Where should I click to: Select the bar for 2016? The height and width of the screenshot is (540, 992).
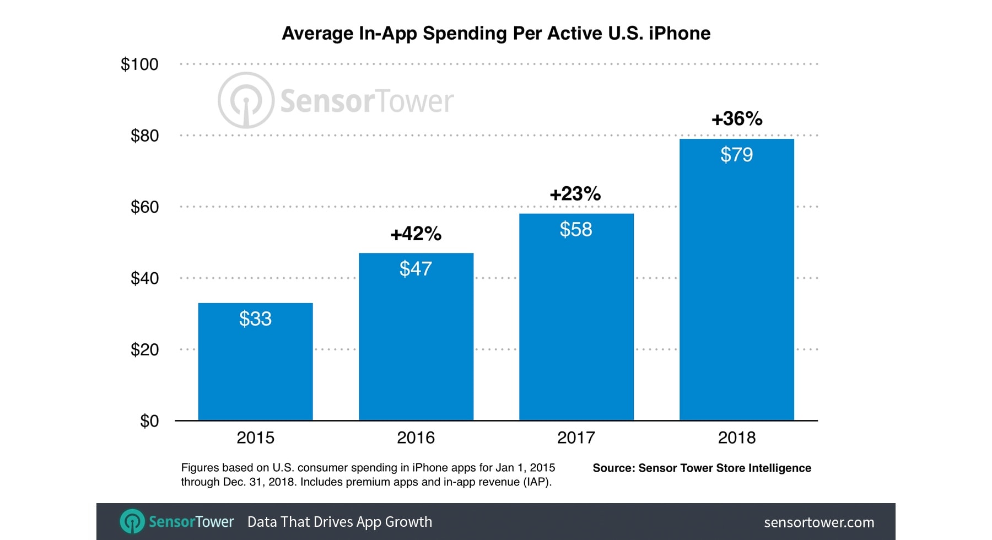(x=416, y=342)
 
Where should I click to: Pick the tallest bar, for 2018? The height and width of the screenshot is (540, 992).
(x=737, y=287)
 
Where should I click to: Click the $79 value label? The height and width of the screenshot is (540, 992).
(x=737, y=155)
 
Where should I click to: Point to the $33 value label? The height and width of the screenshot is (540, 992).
(x=255, y=318)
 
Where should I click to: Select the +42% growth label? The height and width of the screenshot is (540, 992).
(x=416, y=234)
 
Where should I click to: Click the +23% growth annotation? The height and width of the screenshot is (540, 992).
(x=575, y=194)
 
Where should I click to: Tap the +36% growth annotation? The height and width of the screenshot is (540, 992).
(x=737, y=118)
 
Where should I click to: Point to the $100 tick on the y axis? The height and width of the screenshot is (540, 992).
(x=139, y=64)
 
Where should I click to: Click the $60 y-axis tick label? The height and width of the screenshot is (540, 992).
(x=144, y=207)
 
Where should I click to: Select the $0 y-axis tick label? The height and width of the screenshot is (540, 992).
(x=149, y=421)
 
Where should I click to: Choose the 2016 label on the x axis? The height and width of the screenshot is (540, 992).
(x=416, y=438)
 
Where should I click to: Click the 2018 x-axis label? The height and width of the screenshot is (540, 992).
(x=737, y=438)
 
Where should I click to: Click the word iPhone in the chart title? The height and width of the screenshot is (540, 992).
(x=680, y=34)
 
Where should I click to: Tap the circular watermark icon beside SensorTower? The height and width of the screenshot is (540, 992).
(x=246, y=100)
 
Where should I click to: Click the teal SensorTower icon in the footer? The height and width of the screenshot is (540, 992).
(x=132, y=521)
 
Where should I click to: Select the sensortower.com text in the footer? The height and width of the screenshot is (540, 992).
(x=819, y=522)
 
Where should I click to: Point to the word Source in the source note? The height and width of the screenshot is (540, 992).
(x=613, y=468)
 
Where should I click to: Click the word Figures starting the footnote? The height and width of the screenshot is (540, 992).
(x=200, y=468)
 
